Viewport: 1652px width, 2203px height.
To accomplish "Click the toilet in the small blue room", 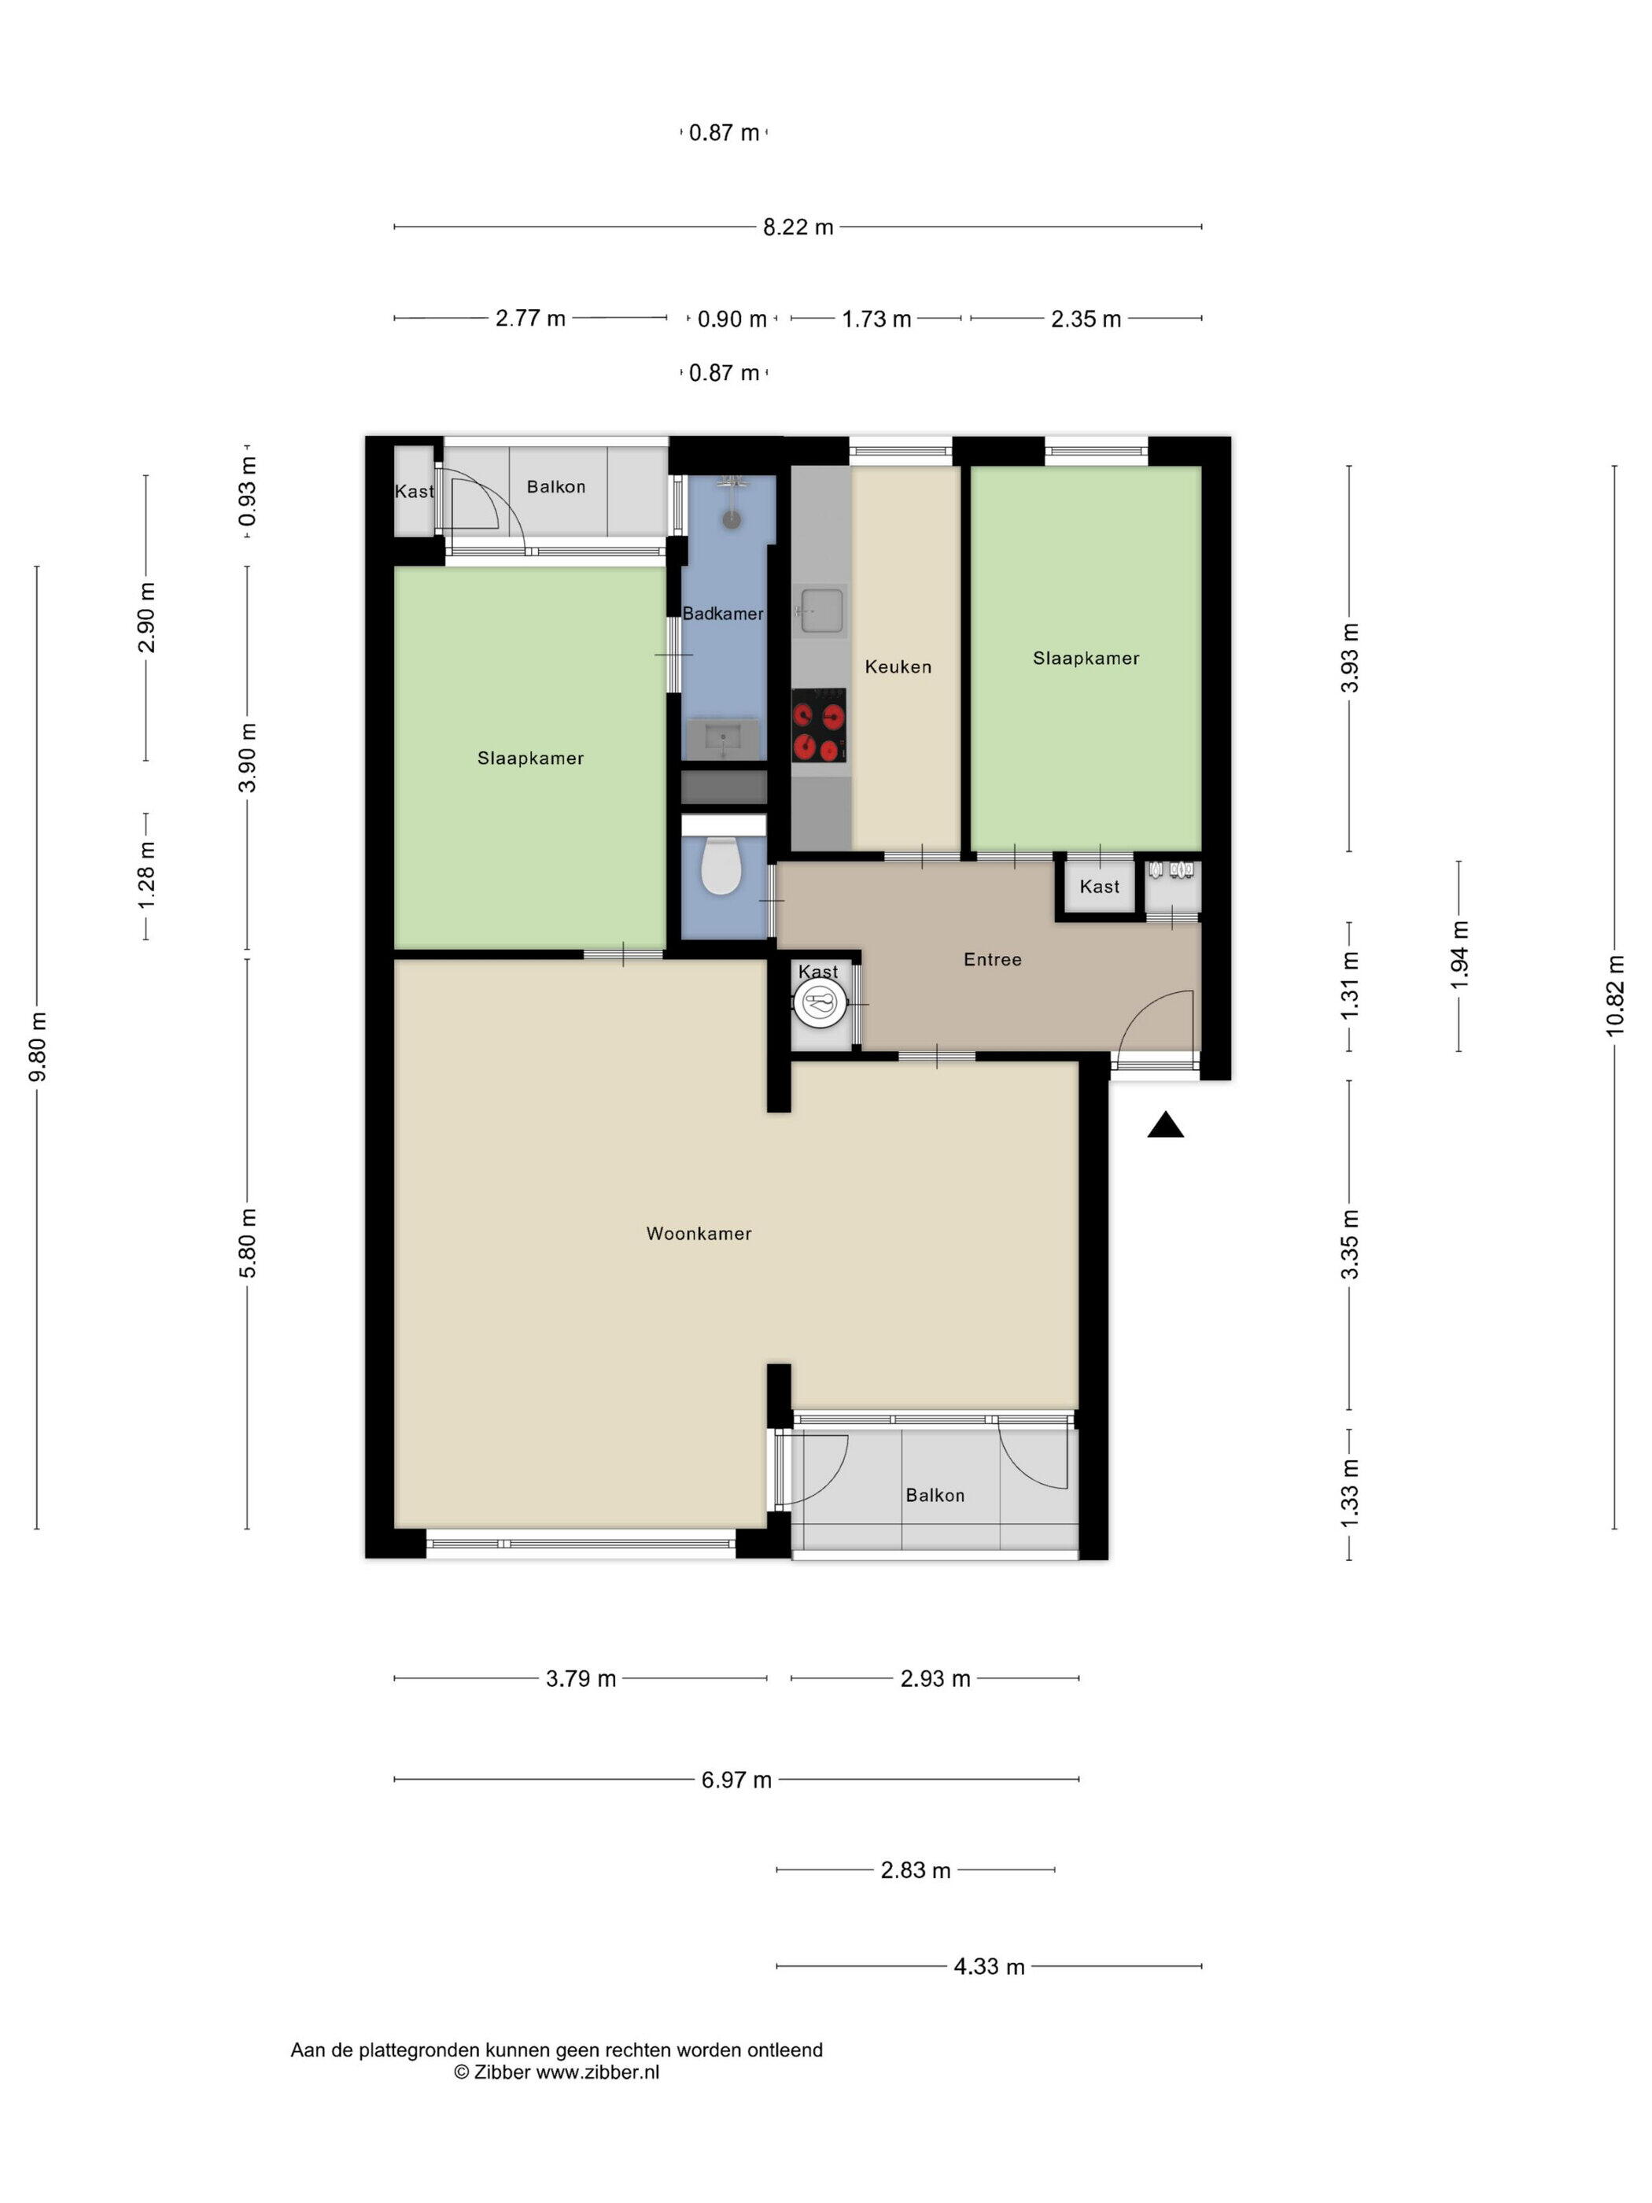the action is tap(721, 865).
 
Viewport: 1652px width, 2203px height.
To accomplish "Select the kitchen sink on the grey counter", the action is tap(820, 611).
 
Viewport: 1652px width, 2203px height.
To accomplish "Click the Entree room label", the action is tap(992, 959).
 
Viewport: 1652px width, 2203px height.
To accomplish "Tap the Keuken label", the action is tap(898, 666).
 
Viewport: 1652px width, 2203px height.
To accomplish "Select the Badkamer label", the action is tap(722, 614).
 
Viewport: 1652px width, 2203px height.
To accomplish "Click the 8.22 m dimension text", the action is tap(798, 227).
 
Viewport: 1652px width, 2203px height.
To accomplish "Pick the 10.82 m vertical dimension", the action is tap(1614, 995).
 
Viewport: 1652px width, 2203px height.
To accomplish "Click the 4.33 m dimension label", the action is tap(989, 1966).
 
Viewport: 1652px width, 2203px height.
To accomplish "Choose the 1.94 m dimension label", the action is tap(1458, 955).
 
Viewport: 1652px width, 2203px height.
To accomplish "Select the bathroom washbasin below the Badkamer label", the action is tap(722, 739).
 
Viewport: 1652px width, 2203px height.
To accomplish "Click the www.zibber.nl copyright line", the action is tap(557, 2072).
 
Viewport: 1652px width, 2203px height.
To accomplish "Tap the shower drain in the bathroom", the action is tap(732, 518).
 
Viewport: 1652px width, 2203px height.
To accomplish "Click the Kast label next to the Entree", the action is tap(1099, 887).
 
